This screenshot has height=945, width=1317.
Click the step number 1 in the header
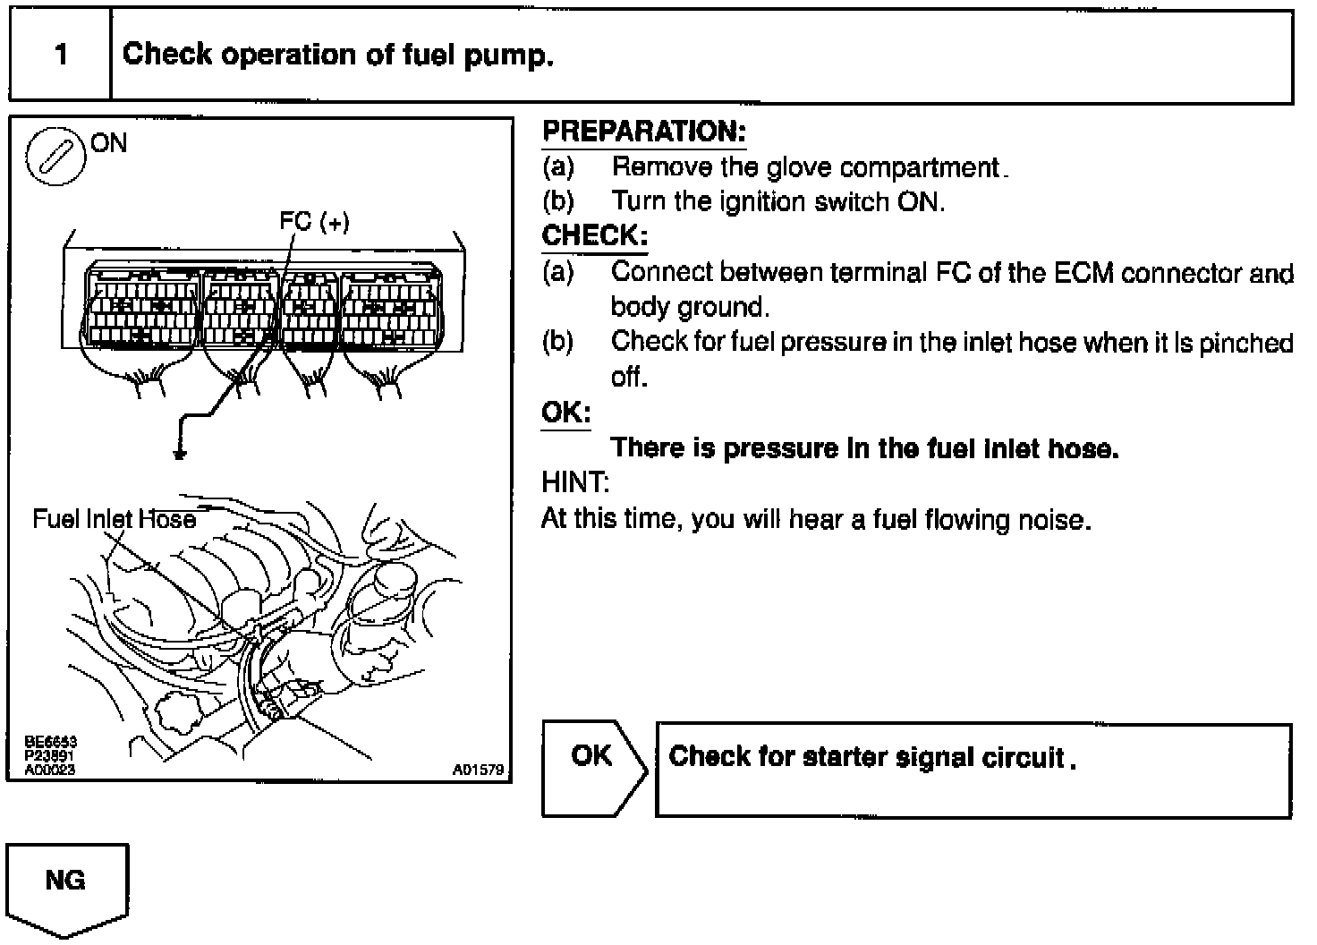pyautogui.click(x=61, y=55)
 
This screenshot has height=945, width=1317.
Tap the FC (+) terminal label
pyautogui.click(x=314, y=220)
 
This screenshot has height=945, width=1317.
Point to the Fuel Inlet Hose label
pyautogui.click(x=114, y=519)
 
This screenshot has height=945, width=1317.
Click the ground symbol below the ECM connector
pyautogui.click(x=181, y=454)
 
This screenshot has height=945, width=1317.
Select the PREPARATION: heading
pyautogui.click(x=644, y=132)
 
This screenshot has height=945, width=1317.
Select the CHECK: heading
pyautogui.click(x=594, y=236)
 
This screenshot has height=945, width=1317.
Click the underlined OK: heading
pyautogui.click(x=565, y=413)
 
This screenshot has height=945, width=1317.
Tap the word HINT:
pyautogui.click(x=575, y=483)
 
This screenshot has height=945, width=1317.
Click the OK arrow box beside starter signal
pyautogui.click(x=593, y=766)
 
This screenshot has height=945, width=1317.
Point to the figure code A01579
pyautogui.click(x=479, y=770)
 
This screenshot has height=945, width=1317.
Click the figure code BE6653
pyautogui.click(x=50, y=741)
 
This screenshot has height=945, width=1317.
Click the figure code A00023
pyautogui.click(x=50, y=770)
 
